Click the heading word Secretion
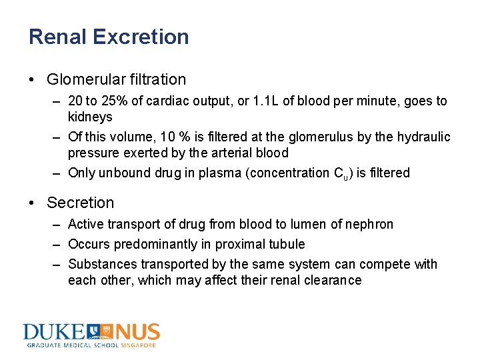(x=81, y=203)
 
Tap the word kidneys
(x=90, y=117)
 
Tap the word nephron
(x=370, y=225)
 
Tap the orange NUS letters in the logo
(x=137, y=332)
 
